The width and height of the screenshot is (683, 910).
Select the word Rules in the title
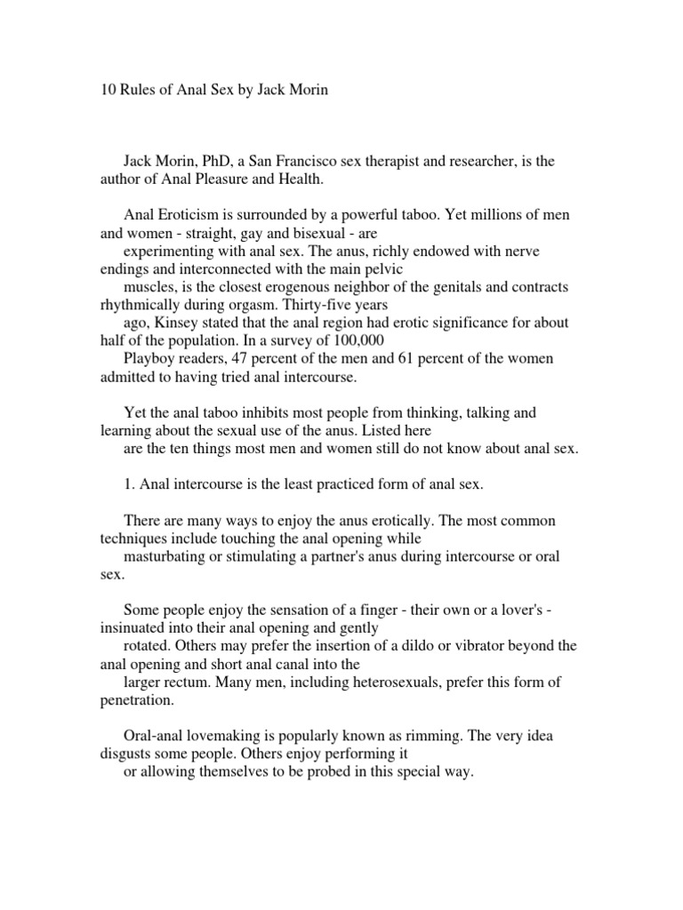pos(131,91)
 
